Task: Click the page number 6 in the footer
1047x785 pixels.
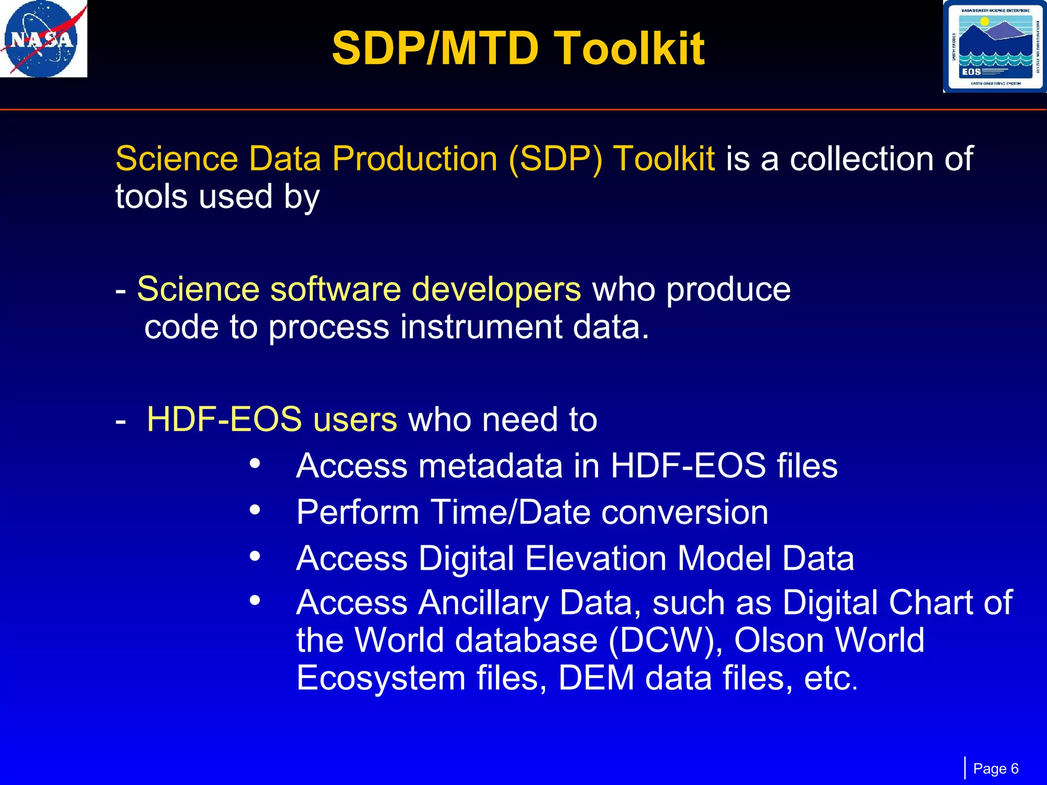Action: (x=1014, y=769)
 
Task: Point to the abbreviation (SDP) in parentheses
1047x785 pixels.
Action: (x=555, y=159)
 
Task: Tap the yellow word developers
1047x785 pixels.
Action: (x=496, y=290)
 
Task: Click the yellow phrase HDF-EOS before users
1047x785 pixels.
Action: (x=224, y=420)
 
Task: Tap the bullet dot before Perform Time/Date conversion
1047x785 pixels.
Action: (x=255, y=510)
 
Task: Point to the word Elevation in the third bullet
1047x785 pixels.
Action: (x=596, y=558)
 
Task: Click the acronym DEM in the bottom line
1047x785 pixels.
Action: (x=596, y=679)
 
